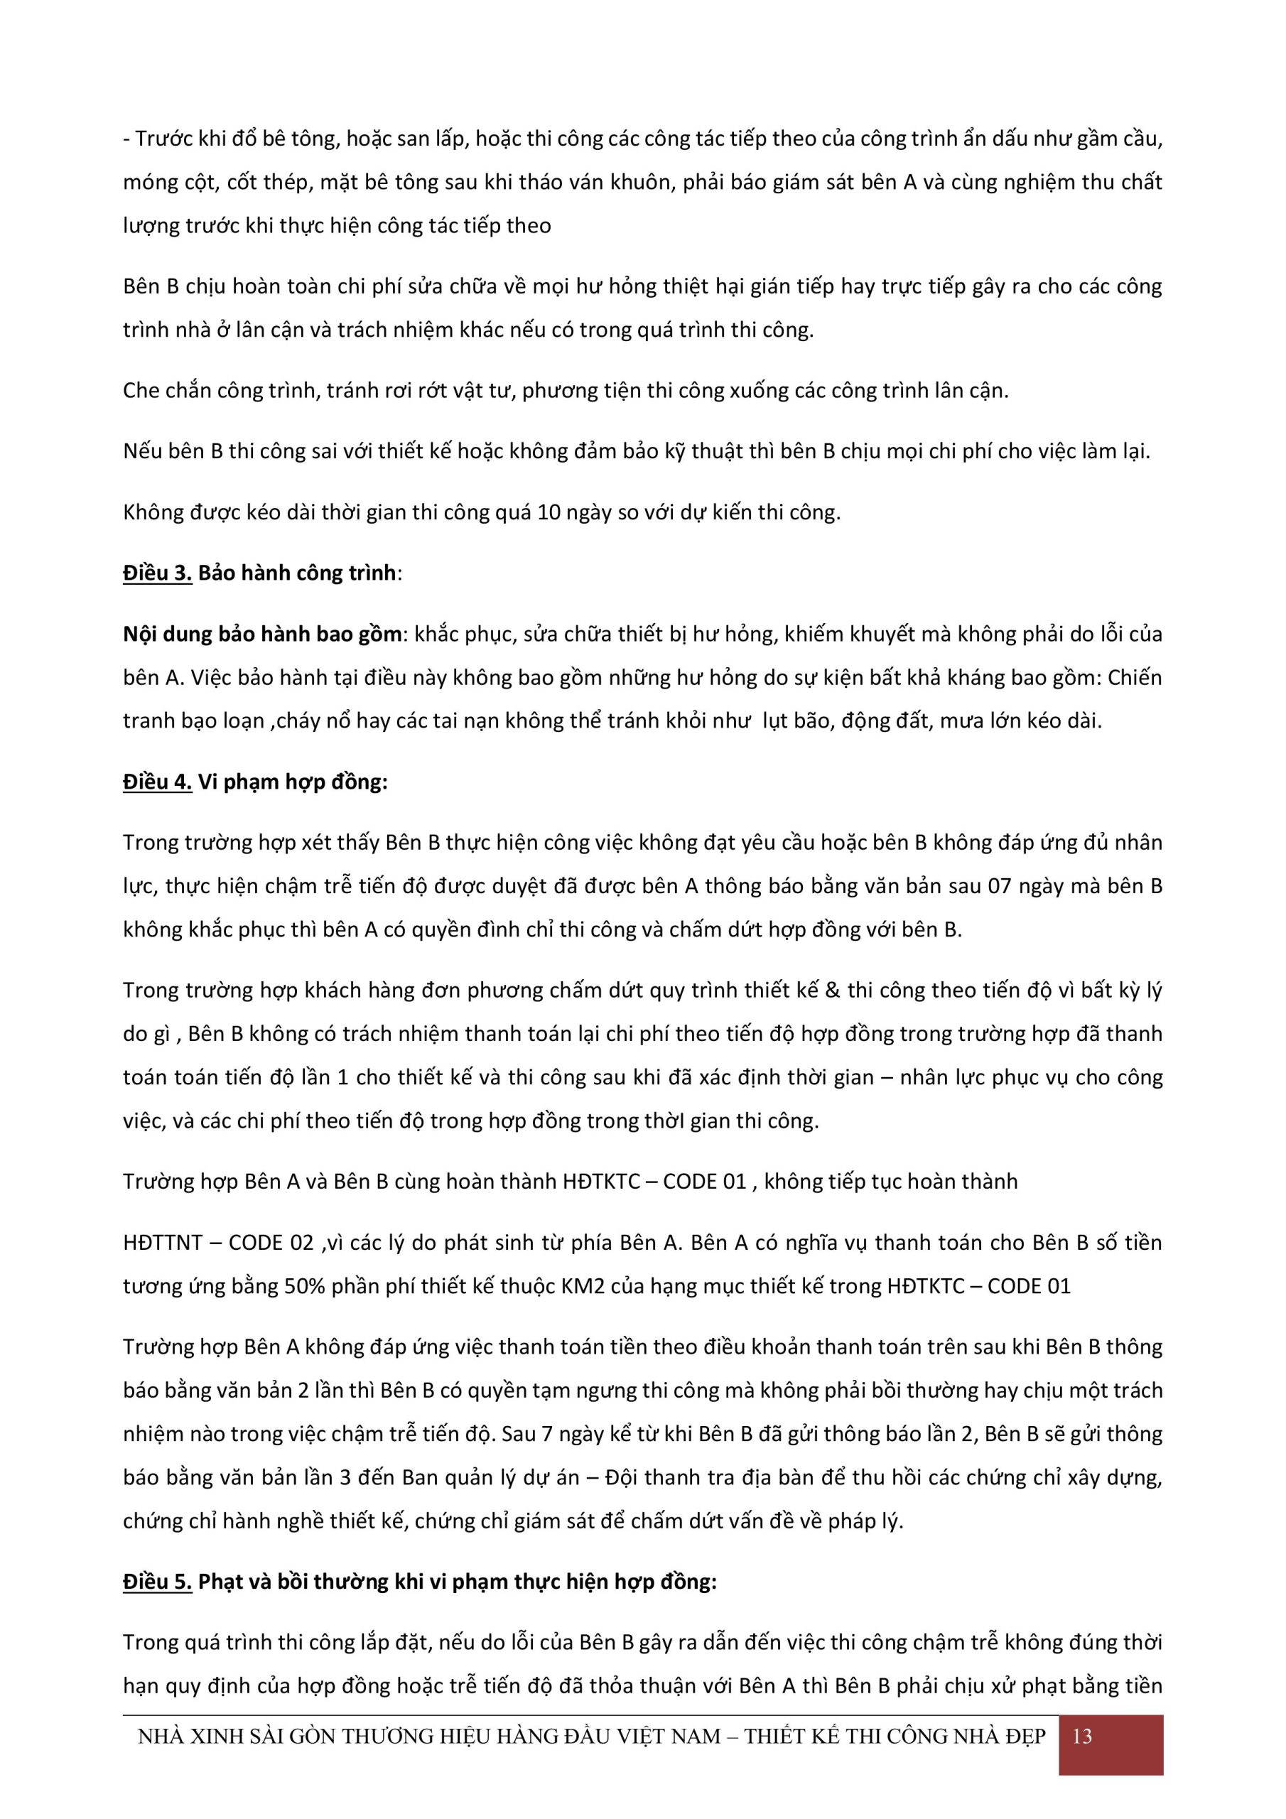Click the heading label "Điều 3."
pos(157,573)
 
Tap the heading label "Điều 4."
pos(157,782)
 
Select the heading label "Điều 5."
pos(157,1582)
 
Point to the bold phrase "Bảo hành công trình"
pos(296,573)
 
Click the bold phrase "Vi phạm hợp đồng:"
pos(293,782)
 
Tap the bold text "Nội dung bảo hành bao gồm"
pos(262,634)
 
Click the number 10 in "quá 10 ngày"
pos(549,512)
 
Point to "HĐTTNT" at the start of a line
pos(163,1242)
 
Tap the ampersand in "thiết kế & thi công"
pos(832,991)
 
